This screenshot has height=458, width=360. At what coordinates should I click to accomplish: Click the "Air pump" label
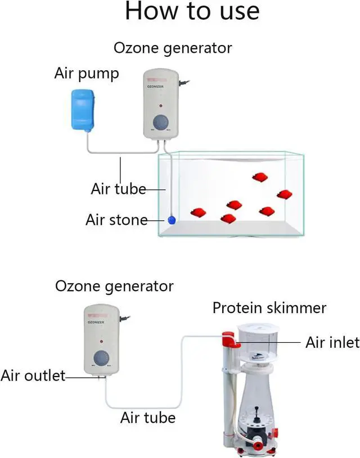tap(87, 74)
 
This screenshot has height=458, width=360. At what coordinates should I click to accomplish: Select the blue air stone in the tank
tap(172, 220)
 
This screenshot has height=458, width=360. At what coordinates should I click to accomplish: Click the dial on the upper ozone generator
tap(161, 123)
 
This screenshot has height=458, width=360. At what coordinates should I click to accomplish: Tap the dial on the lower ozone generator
tap(102, 359)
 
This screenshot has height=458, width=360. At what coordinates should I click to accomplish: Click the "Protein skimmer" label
tap(269, 308)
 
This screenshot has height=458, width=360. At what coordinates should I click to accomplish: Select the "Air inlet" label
tap(332, 342)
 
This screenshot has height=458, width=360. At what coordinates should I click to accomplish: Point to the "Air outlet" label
tap(33, 375)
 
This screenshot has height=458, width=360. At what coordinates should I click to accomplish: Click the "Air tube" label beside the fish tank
tap(118, 189)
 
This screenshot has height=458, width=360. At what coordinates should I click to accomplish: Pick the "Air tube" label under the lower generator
tap(148, 418)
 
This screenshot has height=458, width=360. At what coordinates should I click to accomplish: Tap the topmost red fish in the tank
tap(259, 177)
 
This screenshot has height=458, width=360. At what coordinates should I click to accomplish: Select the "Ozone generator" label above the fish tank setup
tap(173, 48)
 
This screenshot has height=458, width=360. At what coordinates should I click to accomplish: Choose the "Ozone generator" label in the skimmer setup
tap(114, 286)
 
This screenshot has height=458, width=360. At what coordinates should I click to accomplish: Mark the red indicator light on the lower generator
tap(102, 341)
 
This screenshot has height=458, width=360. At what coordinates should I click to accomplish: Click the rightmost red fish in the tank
tap(284, 194)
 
